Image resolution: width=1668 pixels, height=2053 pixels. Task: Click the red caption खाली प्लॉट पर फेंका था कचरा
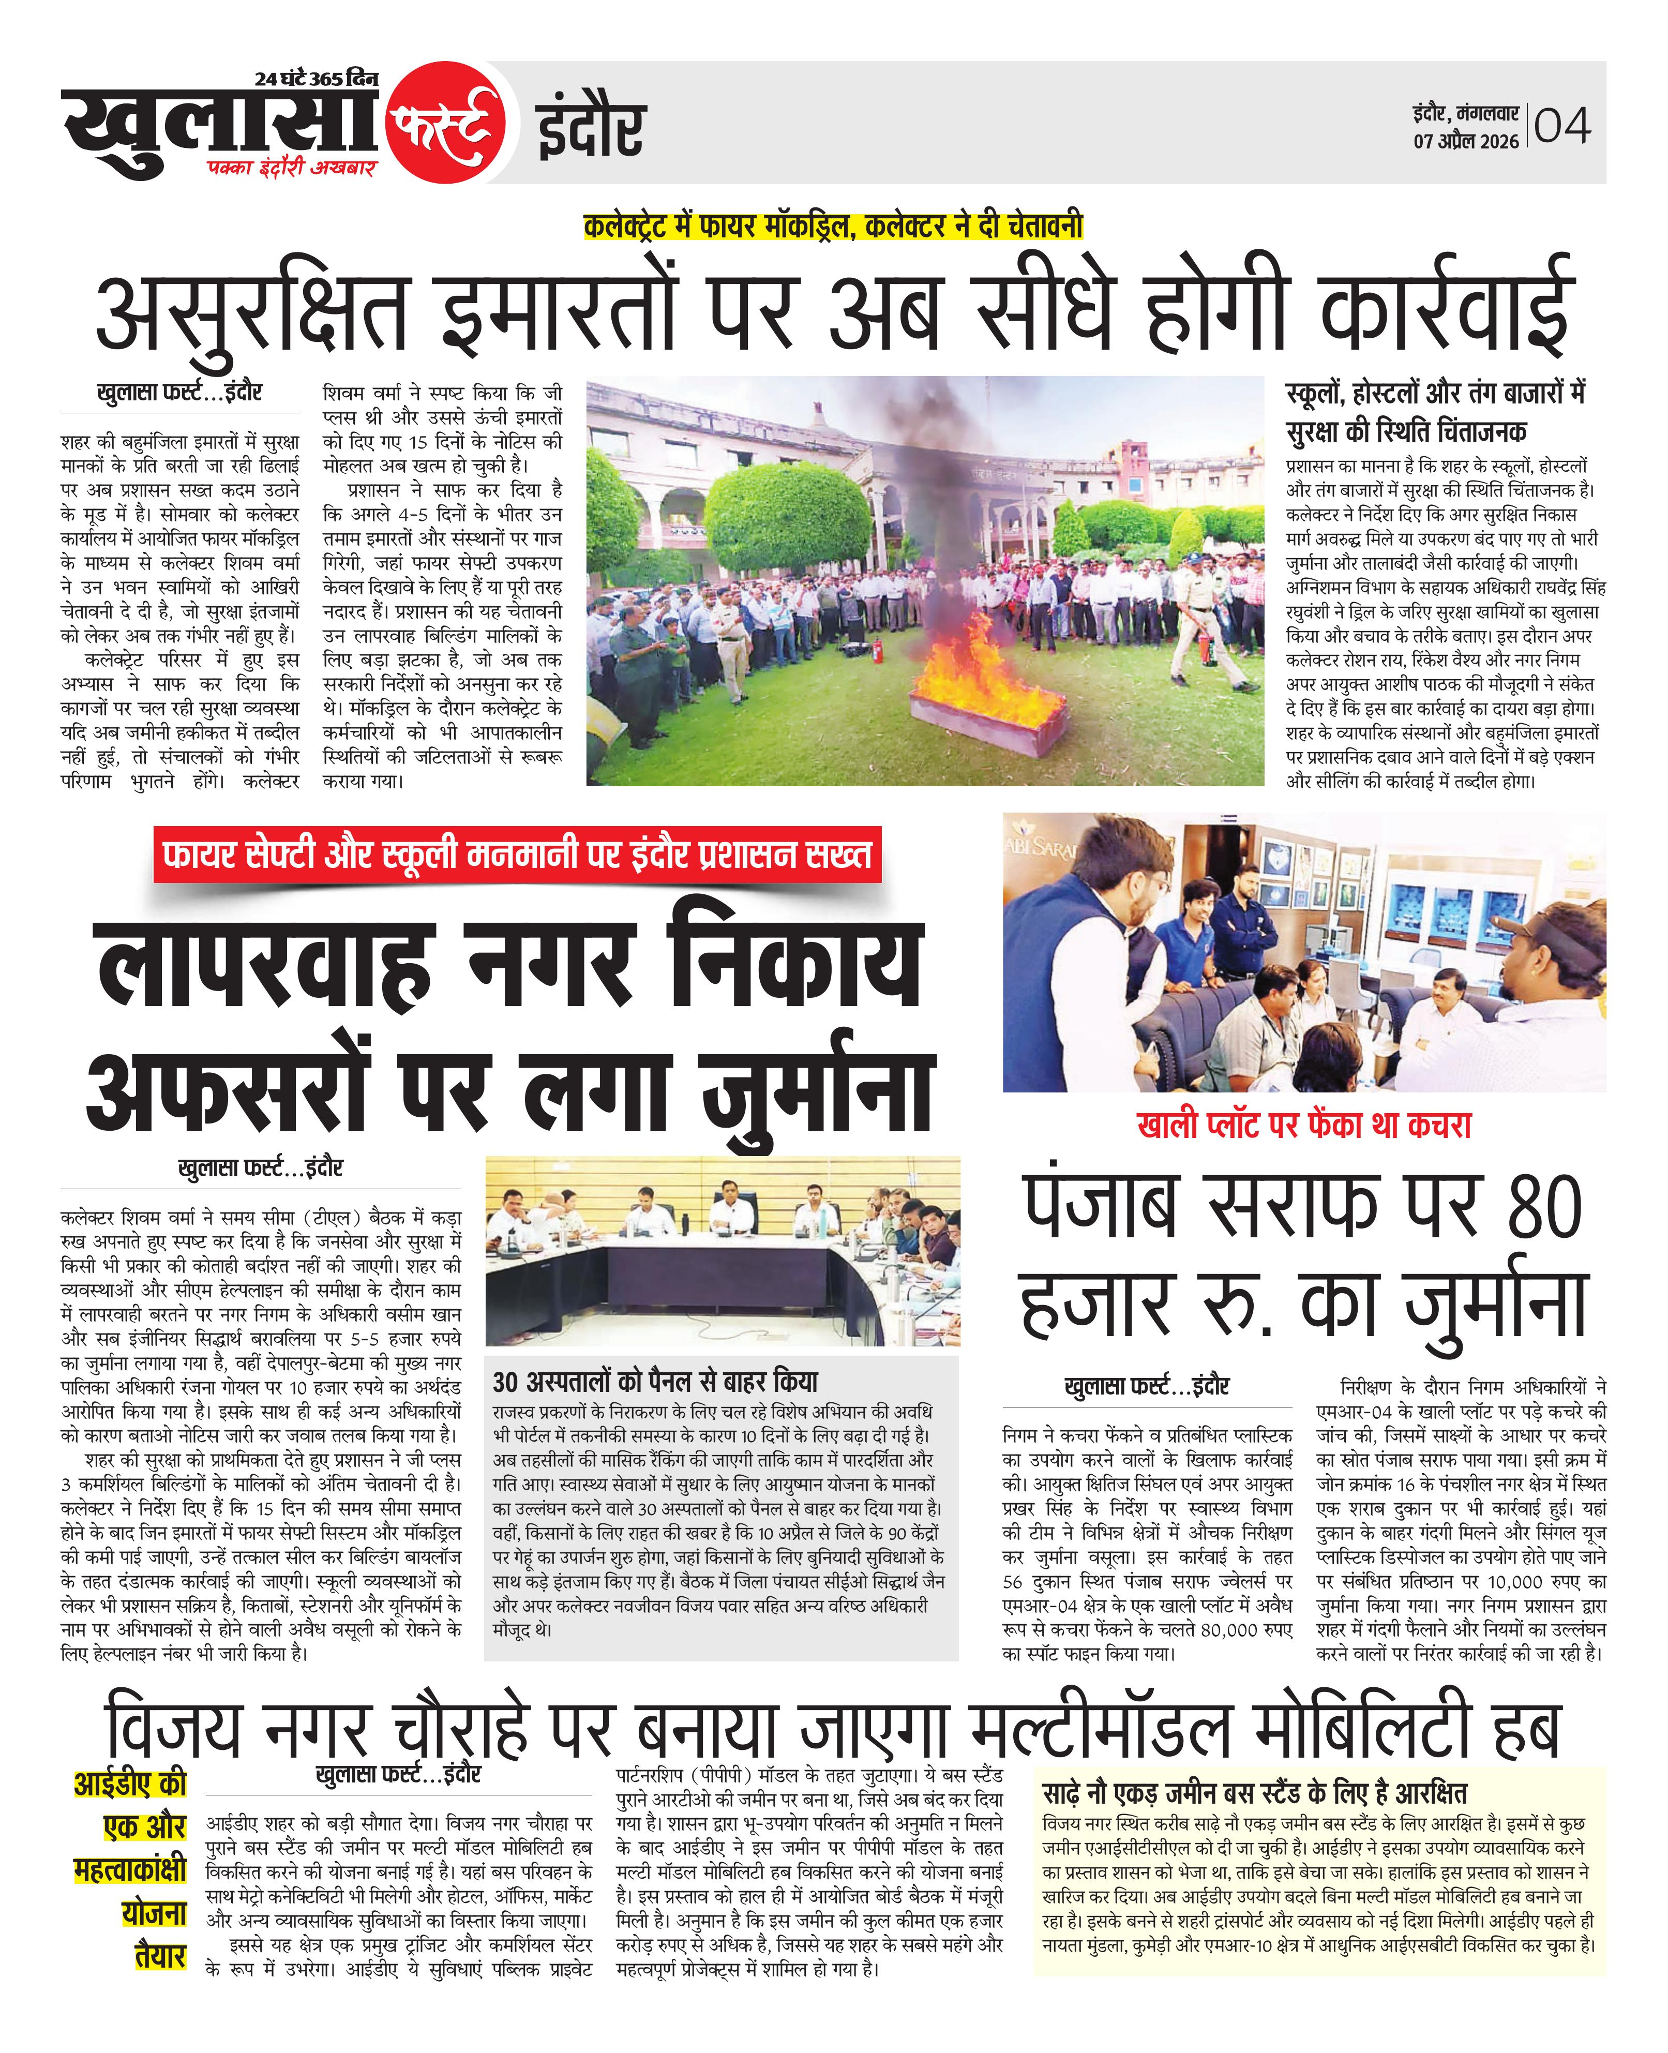pos(1304,1125)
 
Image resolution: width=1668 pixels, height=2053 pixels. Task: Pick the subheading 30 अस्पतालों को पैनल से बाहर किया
pos(654,1382)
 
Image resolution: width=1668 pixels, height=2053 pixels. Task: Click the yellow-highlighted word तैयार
pos(160,1954)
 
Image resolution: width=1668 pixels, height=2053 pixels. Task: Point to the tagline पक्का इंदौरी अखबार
pos(292,167)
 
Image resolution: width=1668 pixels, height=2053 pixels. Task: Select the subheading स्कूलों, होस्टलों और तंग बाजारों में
pos(1435,393)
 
